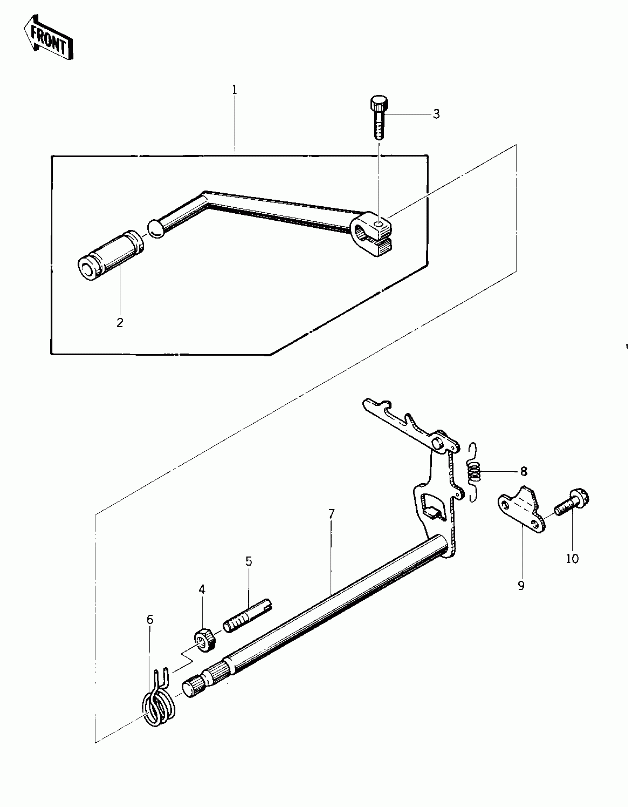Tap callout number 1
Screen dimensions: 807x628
coord(234,90)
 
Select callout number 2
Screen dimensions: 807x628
coord(120,323)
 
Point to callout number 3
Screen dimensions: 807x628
coord(436,114)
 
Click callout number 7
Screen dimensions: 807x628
coord(331,514)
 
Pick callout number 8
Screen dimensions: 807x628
coord(523,472)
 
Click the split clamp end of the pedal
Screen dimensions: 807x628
coord(373,235)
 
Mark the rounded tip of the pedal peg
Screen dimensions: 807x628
coord(156,229)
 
